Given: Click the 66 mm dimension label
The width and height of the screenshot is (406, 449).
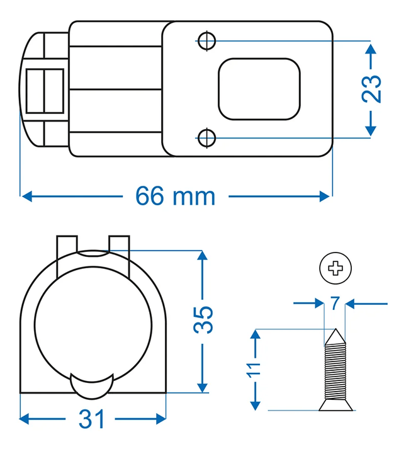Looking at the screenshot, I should pyautogui.click(x=175, y=196).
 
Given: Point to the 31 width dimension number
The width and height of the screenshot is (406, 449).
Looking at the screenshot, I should pyautogui.click(x=93, y=418).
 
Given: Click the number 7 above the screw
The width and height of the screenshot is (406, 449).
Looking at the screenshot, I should pyautogui.click(x=334, y=304).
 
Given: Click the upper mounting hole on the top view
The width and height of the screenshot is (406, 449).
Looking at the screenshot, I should pyautogui.click(x=206, y=41).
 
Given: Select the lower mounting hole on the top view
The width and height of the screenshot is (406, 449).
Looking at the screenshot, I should pyautogui.click(x=206, y=137).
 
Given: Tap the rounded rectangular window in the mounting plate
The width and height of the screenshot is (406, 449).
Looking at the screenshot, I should pyautogui.click(x=258, y=88).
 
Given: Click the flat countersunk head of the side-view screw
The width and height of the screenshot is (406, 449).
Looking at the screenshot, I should pyautogui.click(x=334, y=406).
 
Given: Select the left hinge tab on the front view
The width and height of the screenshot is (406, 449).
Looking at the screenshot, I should pyautogui.click(x=66, y=246).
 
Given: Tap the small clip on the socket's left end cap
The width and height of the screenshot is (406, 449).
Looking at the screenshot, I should pyautogui.click(x=44, y=91).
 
